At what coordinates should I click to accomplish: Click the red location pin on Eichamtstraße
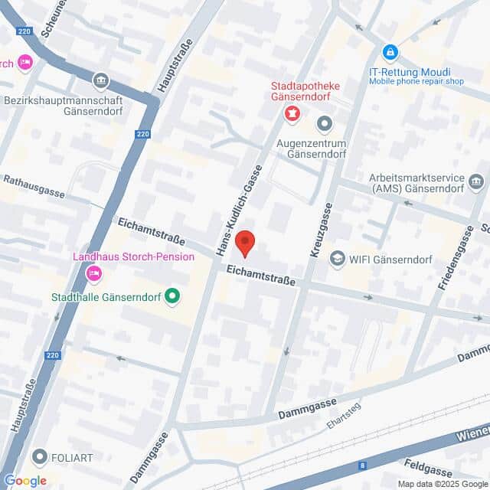tap(245, 243)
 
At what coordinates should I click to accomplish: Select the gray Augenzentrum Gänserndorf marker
tap(325, 122)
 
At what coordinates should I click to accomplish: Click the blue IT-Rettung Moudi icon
tap(390, 53)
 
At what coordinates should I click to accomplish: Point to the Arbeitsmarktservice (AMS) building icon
tap(476, 181)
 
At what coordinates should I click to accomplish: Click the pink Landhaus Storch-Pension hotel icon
tap(94, 273)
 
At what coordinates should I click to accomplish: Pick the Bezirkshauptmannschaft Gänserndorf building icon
tap(100, 80)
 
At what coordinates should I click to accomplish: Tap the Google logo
tap(24, 480)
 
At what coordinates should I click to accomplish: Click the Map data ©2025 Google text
tap(442, 484)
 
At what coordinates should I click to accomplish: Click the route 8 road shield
tap(361, 465)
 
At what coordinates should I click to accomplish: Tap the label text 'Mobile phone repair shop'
tap(416, 81)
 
